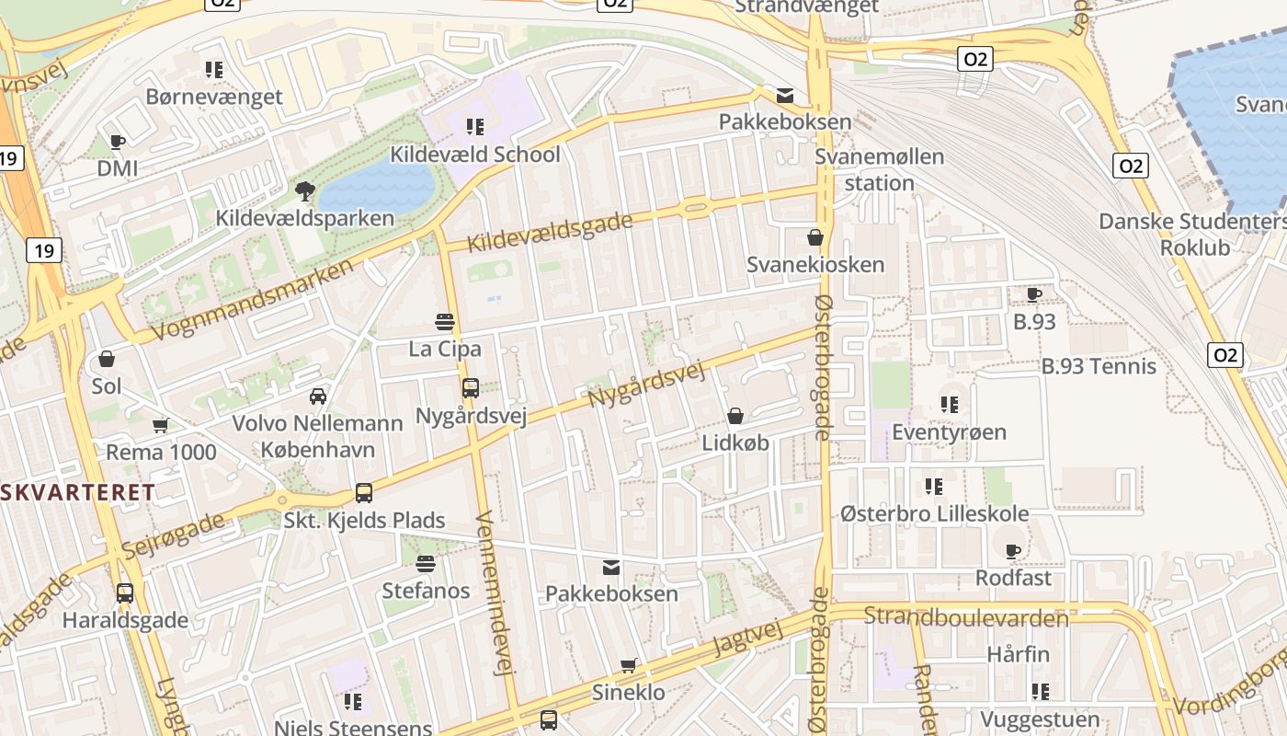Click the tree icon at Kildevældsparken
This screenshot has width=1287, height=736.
click(304, 190)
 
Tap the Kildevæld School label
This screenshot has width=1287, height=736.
click(474, 154)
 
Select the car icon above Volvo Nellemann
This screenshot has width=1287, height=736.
click(318, 396)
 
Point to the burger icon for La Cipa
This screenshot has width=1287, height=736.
click(445, 322)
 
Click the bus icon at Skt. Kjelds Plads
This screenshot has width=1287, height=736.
click(364, 492)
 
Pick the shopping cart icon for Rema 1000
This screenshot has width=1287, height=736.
click(161, 425)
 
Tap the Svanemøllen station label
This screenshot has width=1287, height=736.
click(879, 169)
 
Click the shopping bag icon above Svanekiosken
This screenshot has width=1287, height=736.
click(814, 237)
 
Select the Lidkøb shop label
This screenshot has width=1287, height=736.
click(735, 443)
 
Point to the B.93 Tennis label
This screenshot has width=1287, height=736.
click(1099, 366)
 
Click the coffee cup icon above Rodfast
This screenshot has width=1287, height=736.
click(1013, 551)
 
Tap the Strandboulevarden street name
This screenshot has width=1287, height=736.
click(966, 616)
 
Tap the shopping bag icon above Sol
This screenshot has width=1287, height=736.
click(107, 359)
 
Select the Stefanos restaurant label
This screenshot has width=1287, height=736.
click(426, 591)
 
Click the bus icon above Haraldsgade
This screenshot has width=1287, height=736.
click(125, 593)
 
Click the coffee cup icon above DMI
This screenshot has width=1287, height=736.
click(117, 142)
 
